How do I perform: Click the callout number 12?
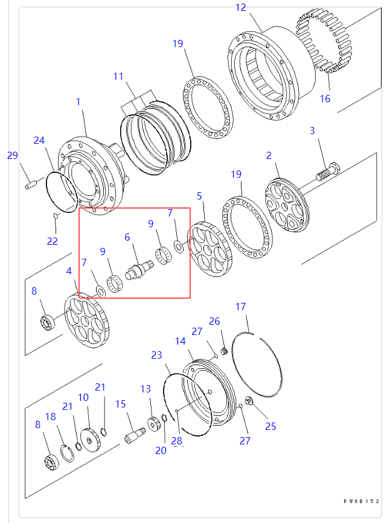[240, 8]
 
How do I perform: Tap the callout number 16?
[325, 99]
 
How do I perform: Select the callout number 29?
[13, 155]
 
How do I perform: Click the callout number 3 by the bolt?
[313, 131]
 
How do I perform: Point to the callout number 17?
[240, 307]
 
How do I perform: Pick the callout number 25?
[270, 426]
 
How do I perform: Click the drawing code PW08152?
[362, 501]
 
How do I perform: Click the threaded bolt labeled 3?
[327, 171]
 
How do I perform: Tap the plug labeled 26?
[224, 351]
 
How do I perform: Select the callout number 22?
[53, 241]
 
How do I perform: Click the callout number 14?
[181, 342]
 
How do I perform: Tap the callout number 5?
[199, 196]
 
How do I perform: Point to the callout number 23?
[157, 356]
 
